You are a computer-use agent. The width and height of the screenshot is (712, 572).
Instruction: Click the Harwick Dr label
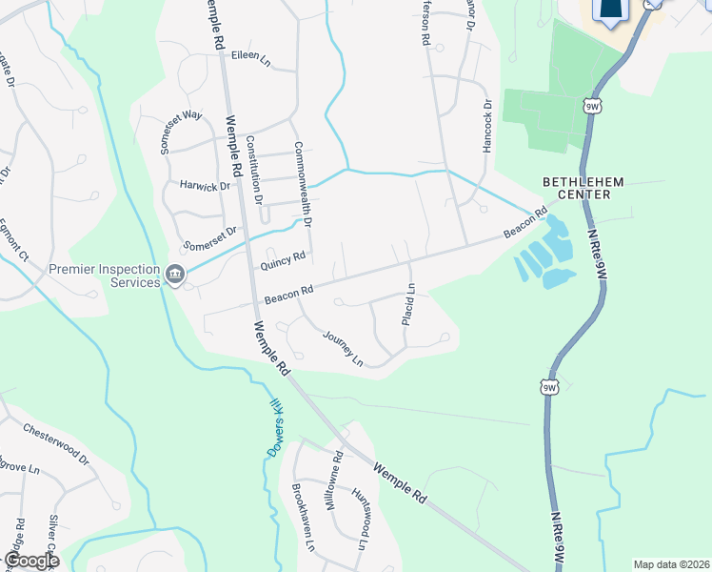pyautogui.click(x=206, y=186)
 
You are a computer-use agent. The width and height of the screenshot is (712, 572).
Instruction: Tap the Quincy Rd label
pyautogui.click(x=284, y=257)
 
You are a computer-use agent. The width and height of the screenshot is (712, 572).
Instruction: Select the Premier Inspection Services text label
pyautogui.click(x=105, y=276)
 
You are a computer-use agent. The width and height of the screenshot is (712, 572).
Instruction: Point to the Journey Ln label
pyautogui.click(x=343, y=348)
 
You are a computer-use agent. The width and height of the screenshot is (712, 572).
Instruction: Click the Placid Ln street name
pyautogui.click(x=409, y=305)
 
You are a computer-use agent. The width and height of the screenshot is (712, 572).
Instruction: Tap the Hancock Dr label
pyautogui.click(x=486, y=128)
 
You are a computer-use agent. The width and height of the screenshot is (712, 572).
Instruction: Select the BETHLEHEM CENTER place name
pyautogui.click(x=575, y=187)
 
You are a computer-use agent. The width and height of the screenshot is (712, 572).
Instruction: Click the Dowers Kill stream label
pyautogui.click(x=275, y=426)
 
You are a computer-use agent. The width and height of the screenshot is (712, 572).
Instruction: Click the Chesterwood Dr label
pyautogui.click(x=55, y=444)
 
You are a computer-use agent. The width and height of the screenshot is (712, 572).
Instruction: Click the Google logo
pyautogui.click(x=30, y=561)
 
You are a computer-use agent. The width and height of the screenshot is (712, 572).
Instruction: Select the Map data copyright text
pyautogui.click(x=671, y=564)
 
